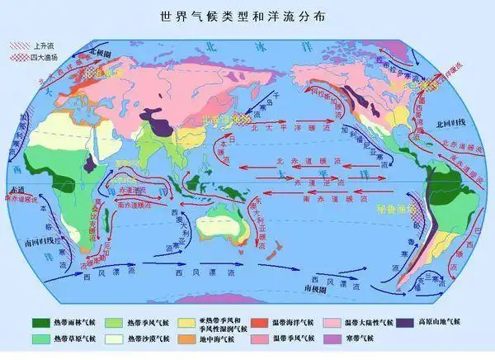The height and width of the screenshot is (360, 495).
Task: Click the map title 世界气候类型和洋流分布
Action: click(247, 15)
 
